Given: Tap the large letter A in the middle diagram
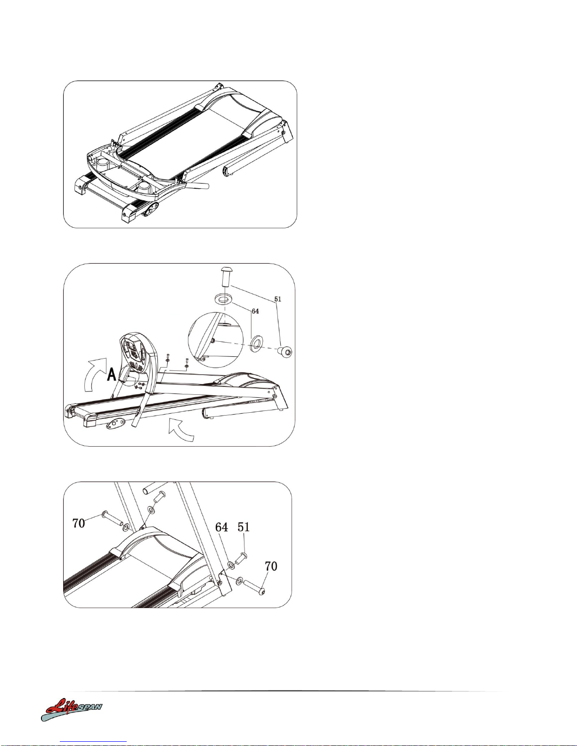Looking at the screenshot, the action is point(111,374).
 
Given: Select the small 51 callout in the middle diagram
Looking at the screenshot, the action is point(277,299).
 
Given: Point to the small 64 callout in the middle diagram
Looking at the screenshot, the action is point(255,311).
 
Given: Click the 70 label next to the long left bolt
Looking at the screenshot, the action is point(78,523).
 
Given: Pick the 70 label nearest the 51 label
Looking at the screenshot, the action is point(271,566).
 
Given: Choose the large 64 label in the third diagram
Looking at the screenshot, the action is point(221,527).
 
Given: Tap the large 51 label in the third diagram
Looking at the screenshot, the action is point(244,527).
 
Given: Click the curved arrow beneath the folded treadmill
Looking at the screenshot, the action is point(181,430).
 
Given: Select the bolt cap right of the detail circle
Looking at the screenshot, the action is point(284,352).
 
